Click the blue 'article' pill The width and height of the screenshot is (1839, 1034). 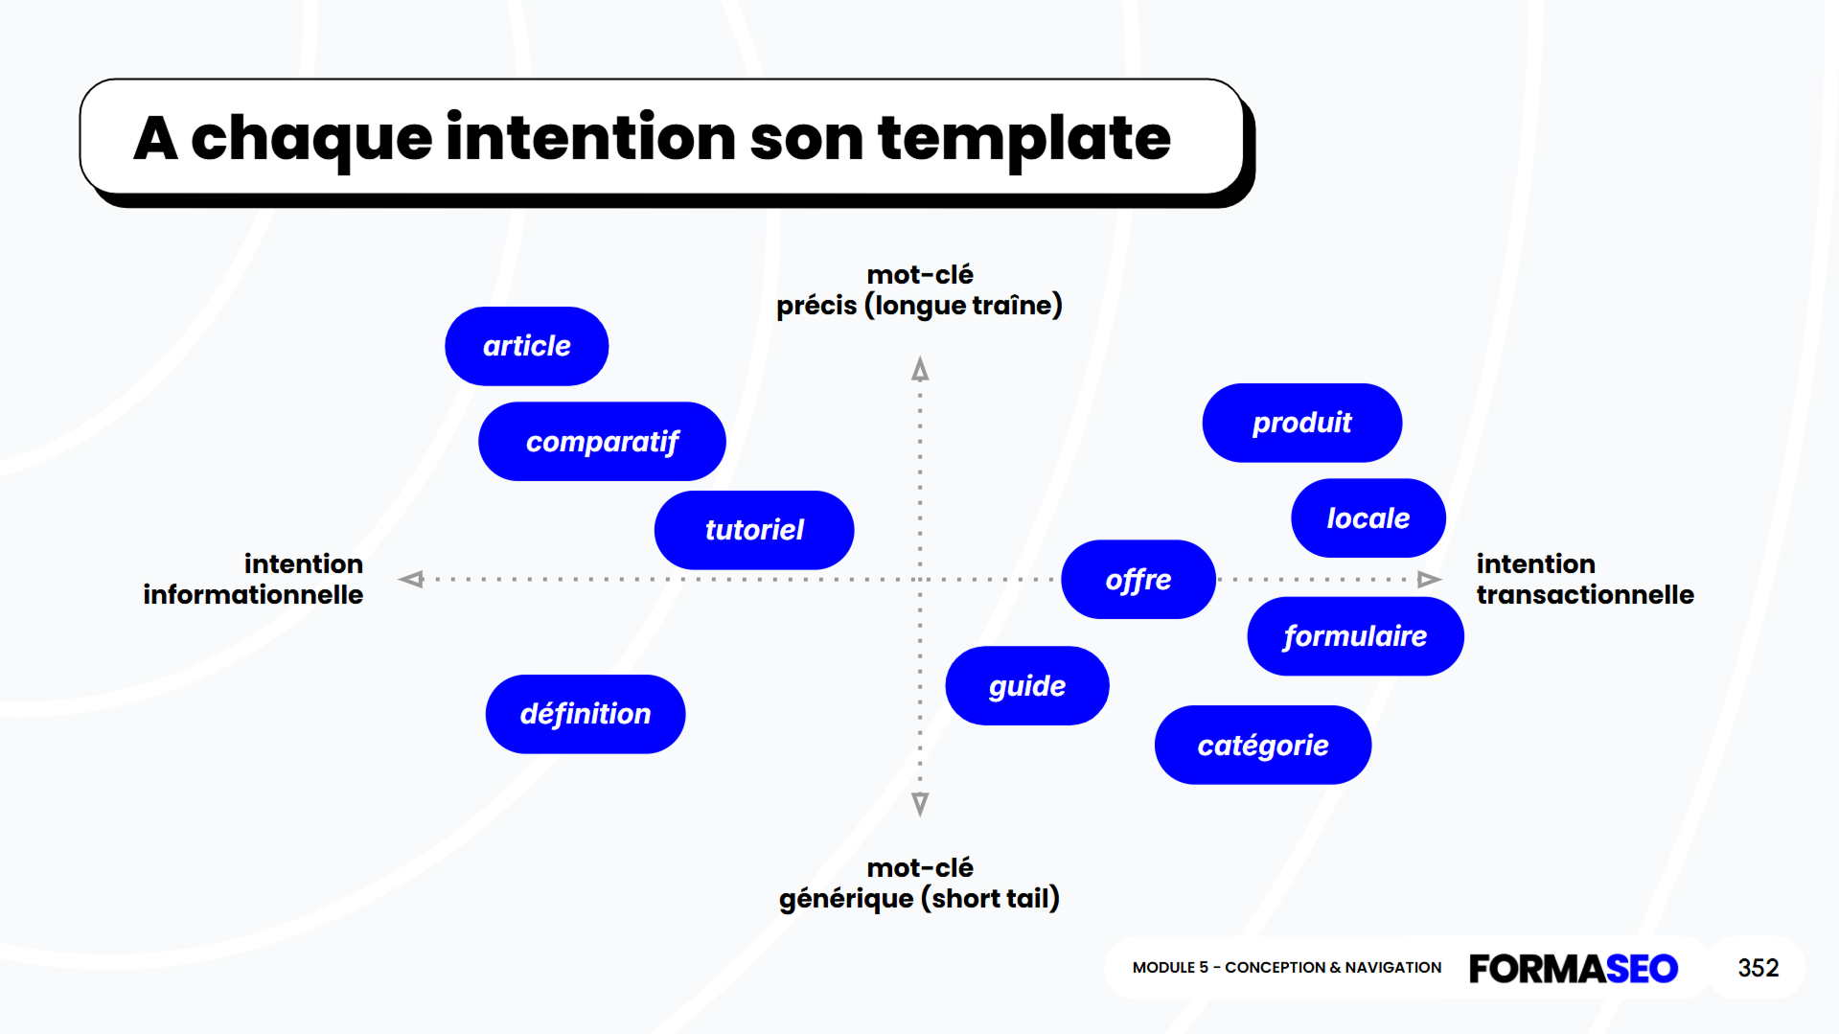pyautogui.click(x=526, y=346)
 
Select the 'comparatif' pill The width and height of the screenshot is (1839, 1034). pyautogui.click(x=602, y=442)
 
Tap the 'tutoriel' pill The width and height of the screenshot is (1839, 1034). pyautogui.click(x=754, y=530)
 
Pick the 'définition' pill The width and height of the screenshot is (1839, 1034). pyautogui.click(x=586, y=714)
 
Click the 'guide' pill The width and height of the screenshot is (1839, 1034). pyautogui.click(x=1027, y=686)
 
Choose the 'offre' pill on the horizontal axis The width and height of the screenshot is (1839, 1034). pyautogui.click(x=1138, y=580)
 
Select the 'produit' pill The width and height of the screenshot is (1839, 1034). pyautogui.click(x=1301, y=423)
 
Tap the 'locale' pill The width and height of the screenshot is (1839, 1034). pyautogui.click(x=1368, y=518)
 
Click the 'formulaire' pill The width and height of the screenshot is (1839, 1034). pyautogui.click(x=1355, y=636)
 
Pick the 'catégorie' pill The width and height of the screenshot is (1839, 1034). pyautogui.click(x=1262, y=746)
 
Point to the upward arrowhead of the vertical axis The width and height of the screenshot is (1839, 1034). pyautogui.click(x=920, y=370)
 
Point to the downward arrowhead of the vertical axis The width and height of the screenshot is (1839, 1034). pyautogui.click(x=920, y=803)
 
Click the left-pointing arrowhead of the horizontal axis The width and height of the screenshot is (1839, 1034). pyautogui.click(x=412, y=579)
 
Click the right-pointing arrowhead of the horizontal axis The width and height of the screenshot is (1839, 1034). pyautogui.click(x=1428, y=579)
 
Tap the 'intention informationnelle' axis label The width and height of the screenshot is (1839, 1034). pyautogui.click(x=254, y=579)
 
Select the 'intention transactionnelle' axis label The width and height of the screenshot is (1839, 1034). pyautogui.click(x=1584, y=579)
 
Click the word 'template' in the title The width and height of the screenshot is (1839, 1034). pyautogui.click(x=1023, y=139)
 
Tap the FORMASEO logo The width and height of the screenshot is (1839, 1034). pyautogui.click(x=1573, y=968)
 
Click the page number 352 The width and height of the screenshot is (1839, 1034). pyautogui.click(x=1758, y=968)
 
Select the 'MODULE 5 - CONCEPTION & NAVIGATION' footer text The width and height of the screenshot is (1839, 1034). pyautogui.click(x=1286, y=968)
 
